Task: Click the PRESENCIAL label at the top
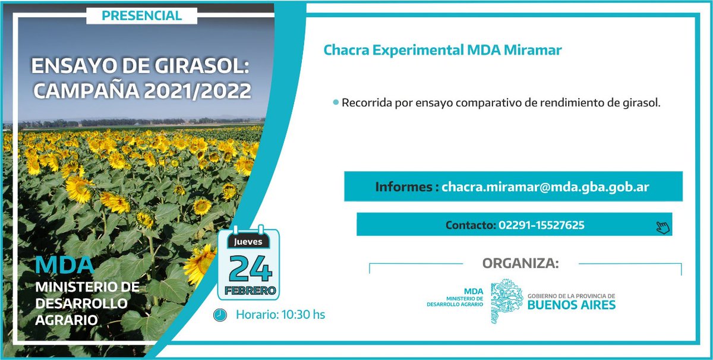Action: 142,15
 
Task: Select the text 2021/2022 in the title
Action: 197,91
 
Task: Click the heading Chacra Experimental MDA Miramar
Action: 443,50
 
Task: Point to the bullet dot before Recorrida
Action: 336,103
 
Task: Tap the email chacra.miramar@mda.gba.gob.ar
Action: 545,187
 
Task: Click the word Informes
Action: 404,187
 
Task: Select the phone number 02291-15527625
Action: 541,225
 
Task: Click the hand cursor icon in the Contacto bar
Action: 662,226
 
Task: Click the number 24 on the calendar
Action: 249,268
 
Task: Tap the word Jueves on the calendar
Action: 248,242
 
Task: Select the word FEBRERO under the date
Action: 249,290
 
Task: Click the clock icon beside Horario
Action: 220,315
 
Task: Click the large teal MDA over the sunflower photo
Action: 64,264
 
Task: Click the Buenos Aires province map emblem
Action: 505,301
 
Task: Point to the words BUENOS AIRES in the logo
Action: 572,305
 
